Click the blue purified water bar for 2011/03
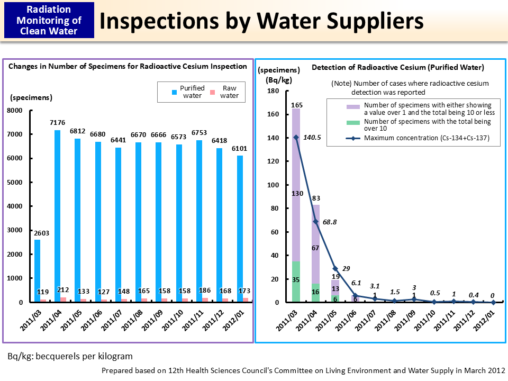coord(37,270)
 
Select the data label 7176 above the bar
coord(57,123)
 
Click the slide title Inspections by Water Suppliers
coord(261,21)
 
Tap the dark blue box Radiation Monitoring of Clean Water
coord(48,20)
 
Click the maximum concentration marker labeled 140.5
coord(296,137)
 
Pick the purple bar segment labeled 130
coord(296,194)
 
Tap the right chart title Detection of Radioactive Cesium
coord(397,67)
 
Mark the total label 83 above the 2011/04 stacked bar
coord(316,198)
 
